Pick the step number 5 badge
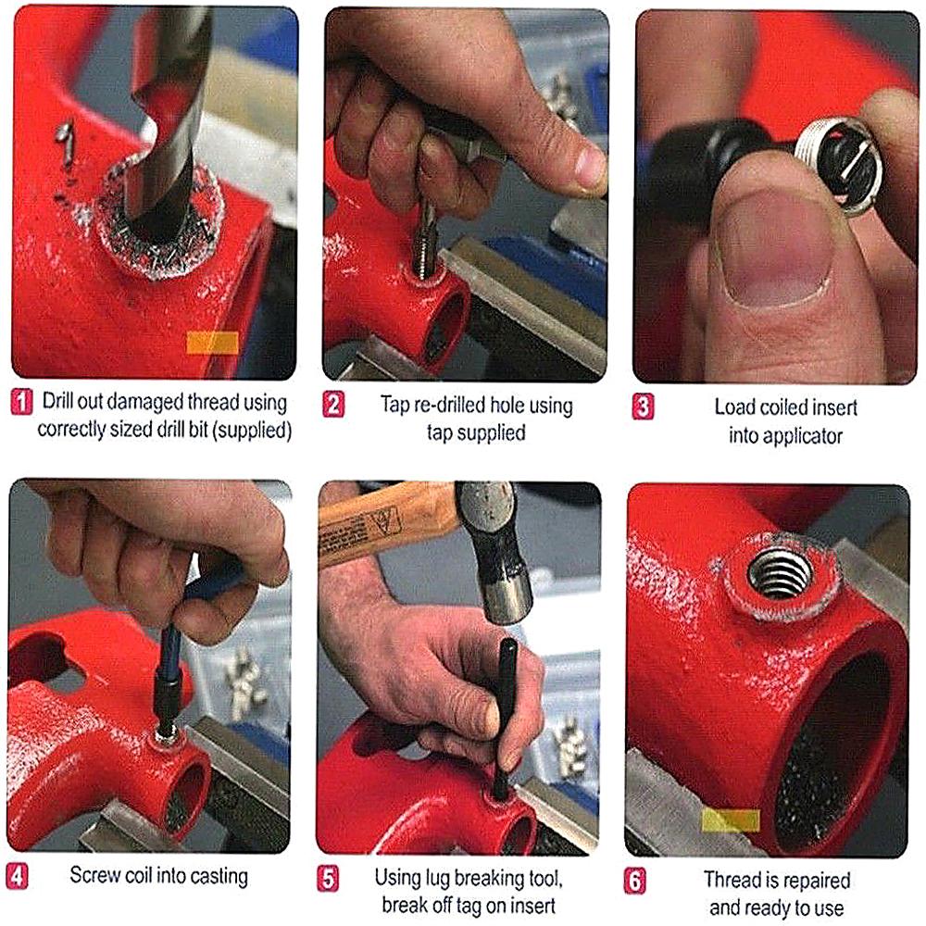(328, 877)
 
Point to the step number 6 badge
(635, 880)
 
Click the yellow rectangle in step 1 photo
(212, 344)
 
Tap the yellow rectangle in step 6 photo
(731, 820)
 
